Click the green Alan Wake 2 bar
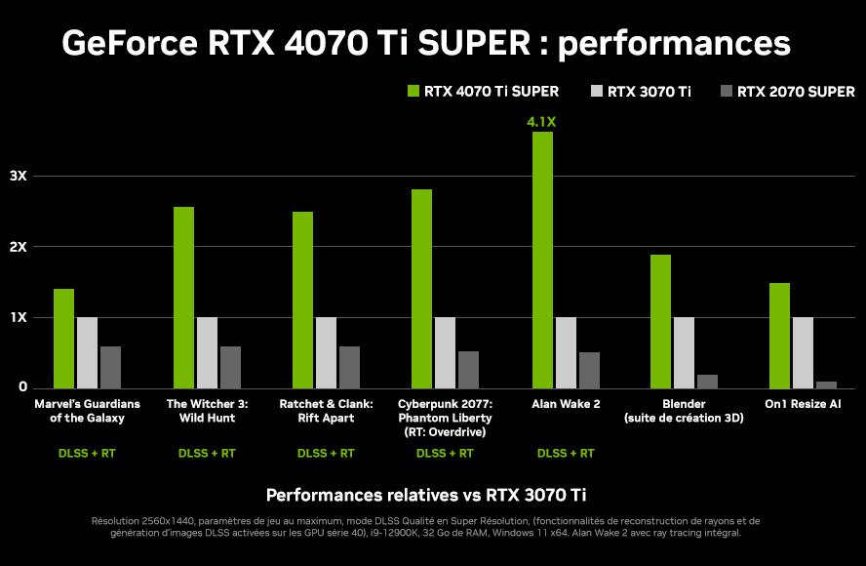pos(542,260)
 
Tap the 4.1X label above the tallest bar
pos(542,122)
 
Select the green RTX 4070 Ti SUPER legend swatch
pos(413,92)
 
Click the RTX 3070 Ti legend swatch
pos(597,92)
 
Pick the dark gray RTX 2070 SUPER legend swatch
pos(726,92)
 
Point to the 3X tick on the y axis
pos(19,176)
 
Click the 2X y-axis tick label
pos(19,247)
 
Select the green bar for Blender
pos(660,321)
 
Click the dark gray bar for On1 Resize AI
pos(826,384)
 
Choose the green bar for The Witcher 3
pos(183,298)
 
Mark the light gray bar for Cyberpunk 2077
pos(445,352)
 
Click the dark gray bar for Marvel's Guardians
pos(110,367)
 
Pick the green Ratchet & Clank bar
pos(302,300)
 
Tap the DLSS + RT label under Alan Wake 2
pos(566,453)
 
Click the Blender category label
pos(684,403)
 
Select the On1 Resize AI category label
pos(804,403)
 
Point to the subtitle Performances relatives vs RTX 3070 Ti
pos(433,495)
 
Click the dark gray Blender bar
pos(707,381)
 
